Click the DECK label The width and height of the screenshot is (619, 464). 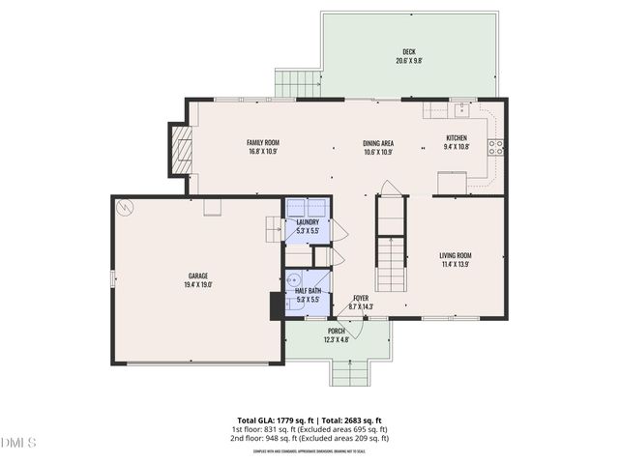408,51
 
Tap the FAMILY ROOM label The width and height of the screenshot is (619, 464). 263,143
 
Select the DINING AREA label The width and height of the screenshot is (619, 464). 377,143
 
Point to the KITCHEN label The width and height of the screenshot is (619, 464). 457,137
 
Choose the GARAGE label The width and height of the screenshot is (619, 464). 198,276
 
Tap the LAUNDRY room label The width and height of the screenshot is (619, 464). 308,223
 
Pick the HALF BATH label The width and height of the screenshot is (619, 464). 308,291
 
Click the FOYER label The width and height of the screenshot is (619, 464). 361,299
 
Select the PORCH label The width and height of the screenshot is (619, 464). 336,332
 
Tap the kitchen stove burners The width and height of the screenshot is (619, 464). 495,147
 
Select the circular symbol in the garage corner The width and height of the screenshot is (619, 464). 124,207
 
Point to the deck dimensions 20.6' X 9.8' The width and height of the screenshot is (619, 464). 408,61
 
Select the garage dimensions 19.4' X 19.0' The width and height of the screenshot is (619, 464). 198,285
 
